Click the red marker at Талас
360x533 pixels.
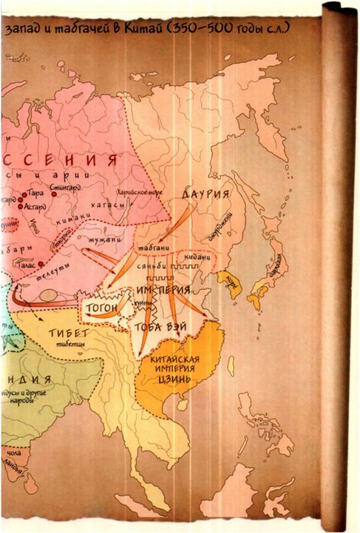[x=42, y=263]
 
